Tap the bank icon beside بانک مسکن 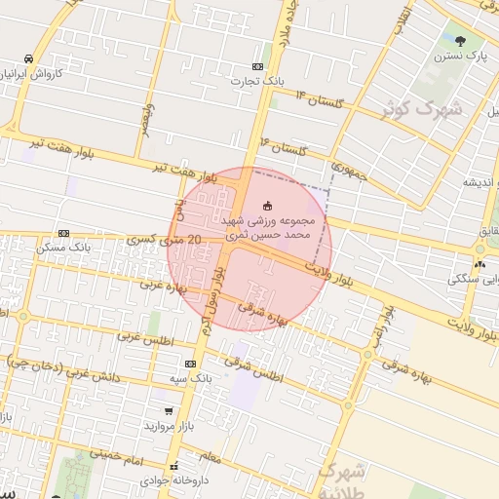click(63, 234)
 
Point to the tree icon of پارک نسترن click(459, 40)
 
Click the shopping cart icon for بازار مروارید click(170, 412)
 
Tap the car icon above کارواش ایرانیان click(32, 58)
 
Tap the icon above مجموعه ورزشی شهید click(268, 205)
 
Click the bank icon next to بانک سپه click(190, 363)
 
